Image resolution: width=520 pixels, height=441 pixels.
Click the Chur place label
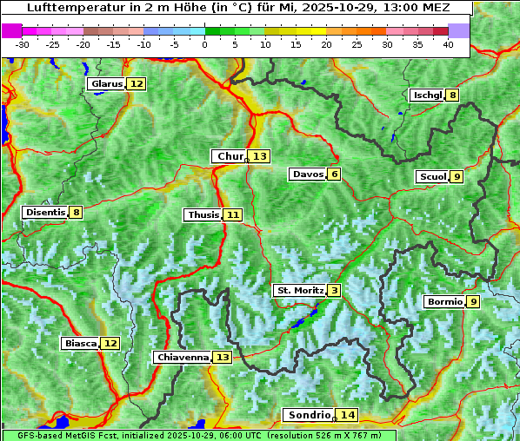230,156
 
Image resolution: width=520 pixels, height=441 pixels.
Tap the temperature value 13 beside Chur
260,156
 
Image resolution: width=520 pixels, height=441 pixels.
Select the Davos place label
308,174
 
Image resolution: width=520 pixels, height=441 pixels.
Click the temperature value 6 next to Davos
334,174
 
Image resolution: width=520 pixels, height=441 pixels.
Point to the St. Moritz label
300,290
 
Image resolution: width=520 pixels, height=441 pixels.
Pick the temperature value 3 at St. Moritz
334,290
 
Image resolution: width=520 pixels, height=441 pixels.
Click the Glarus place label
106,84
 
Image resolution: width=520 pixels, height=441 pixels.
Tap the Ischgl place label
427,95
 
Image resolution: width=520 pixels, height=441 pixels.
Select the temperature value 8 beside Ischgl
452,95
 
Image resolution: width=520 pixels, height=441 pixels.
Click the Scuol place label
432,177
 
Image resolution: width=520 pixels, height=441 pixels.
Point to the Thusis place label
203,214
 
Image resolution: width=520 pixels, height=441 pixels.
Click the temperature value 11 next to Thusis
232,214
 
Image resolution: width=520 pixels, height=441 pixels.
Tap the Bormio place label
443,302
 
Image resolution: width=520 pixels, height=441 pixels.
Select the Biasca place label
81,343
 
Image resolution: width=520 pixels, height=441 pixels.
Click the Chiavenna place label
183,357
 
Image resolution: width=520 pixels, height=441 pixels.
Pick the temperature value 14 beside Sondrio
348,415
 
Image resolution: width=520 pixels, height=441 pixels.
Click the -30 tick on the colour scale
23,43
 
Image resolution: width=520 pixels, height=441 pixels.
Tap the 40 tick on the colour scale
448,43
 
